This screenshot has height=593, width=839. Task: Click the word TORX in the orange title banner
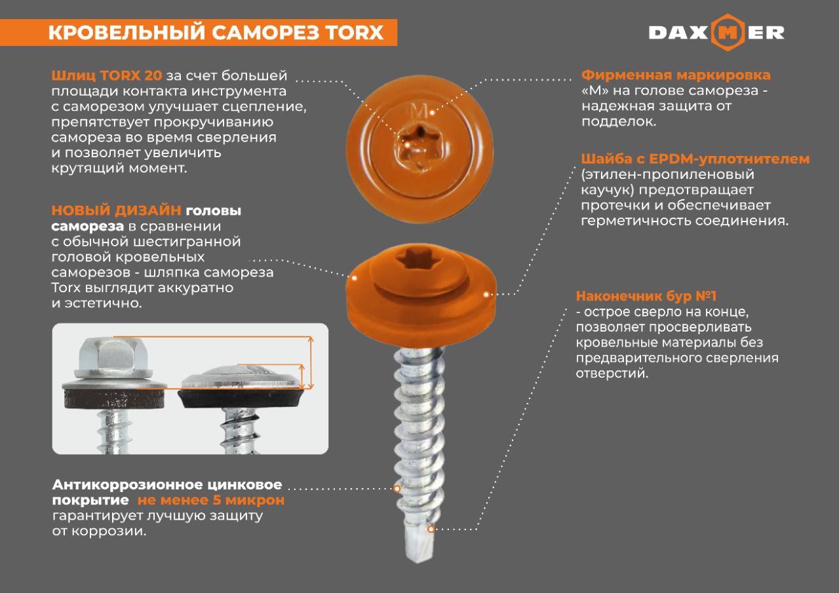tap(355, 32)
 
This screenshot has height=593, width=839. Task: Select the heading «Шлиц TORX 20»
tap(107, 75)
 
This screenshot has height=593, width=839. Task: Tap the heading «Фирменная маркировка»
tap(676, 75)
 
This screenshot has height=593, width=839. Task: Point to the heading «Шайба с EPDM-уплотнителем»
tap(695, 159)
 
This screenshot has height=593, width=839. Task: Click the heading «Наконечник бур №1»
tap(646, 296)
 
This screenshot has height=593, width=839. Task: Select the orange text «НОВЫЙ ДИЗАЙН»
tap(116, 210)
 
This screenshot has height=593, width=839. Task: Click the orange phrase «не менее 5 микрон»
tap(211, 500)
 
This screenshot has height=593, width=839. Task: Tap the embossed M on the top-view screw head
tap(418, 111)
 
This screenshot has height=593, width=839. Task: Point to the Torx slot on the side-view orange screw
tap(419, 260)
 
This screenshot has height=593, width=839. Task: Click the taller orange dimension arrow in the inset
tap(311, 362)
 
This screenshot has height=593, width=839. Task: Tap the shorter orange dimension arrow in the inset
tap(302, 377)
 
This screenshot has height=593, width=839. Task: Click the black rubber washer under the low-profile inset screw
tap(242, 398)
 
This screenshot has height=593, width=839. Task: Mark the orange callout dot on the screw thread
tap(397, 489)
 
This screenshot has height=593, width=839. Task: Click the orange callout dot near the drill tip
tap(431, 529)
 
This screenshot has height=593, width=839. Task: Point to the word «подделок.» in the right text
tap(619, 122)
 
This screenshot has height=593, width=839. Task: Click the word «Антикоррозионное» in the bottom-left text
tap(128, 485)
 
